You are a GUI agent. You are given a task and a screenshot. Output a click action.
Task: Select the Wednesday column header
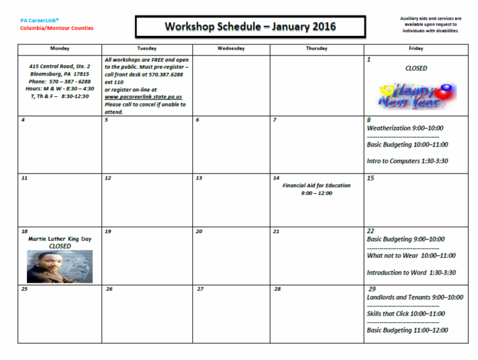click(x=231, y=48)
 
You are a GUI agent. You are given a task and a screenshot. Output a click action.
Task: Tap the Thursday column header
click(x=316, y=48)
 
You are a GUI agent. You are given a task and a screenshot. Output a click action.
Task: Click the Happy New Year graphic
click(x=417, y=95)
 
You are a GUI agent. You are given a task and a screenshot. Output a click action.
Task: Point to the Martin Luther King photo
click(x=60, y=266)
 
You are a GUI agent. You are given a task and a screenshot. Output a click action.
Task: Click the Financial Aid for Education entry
click(x=317, y=185)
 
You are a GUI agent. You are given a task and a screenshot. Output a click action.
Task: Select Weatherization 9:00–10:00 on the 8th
click(x=405, y=128)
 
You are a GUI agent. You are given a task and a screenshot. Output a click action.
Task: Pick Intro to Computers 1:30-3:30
click(x=407, y=161)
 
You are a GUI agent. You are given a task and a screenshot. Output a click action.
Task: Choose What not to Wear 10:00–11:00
click(x=411, y=256)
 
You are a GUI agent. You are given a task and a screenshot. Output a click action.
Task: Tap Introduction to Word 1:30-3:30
click(x=411, y=273)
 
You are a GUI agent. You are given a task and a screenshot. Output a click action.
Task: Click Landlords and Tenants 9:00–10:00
click(x=415, y=297)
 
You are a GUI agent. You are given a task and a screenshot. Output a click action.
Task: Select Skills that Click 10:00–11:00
click(x=406, y=313)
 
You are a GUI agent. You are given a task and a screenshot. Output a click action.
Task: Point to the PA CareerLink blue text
click(x=40, y=20)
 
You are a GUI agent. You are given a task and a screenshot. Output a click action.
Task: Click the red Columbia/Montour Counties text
click(x=57, y=28)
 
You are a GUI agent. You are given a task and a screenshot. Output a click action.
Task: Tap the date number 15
click(x=370, y=178)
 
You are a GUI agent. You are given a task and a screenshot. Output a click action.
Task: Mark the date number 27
click(x=200, y=289)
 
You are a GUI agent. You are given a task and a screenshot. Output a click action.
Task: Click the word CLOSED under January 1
click(x=416, y=68)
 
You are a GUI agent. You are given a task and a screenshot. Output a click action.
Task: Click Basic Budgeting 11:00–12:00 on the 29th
click(x=407, y=330)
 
